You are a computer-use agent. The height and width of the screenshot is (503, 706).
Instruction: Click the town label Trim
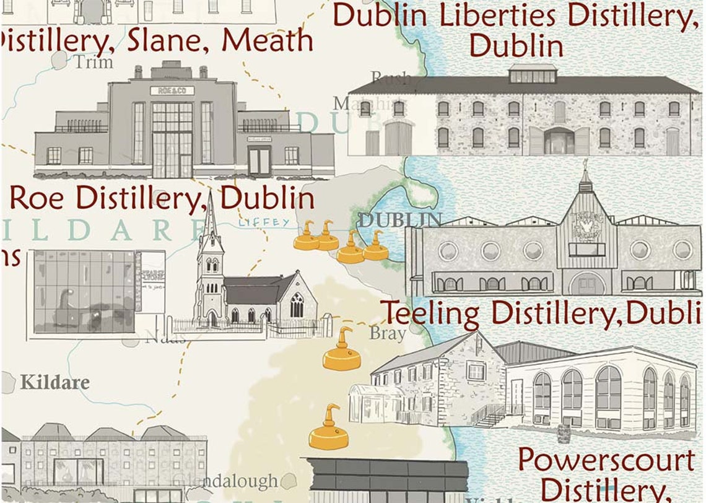point(94,62)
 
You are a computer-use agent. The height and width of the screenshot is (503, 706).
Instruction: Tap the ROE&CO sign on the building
point(172,90)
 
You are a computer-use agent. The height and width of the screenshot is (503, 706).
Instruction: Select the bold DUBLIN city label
point(400,219)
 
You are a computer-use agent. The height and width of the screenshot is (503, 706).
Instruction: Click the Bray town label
point(388,333)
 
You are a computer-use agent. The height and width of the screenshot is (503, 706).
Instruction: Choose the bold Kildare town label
point(54,382)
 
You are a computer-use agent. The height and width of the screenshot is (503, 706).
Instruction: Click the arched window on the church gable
point(297,305)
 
